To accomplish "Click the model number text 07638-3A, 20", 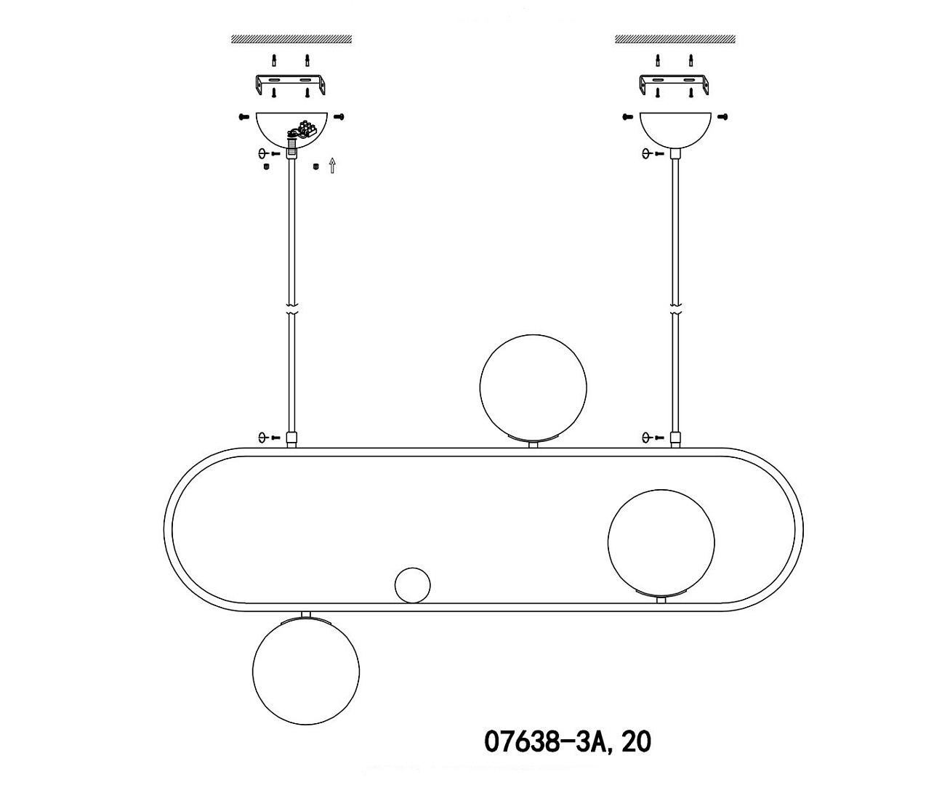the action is click(x=568, y=741).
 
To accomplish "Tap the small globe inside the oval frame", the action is click(x=412, y=585).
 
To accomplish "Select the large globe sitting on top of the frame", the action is click(x=534, y=387).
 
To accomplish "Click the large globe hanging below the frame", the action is click(x=306, y=672).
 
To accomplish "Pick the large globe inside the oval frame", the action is click(x=661, y=543).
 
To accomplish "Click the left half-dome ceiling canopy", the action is click(x=291, y=129).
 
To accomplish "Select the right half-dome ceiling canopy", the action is click(x=675, y=129).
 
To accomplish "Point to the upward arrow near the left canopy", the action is click(x=332, y=165).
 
